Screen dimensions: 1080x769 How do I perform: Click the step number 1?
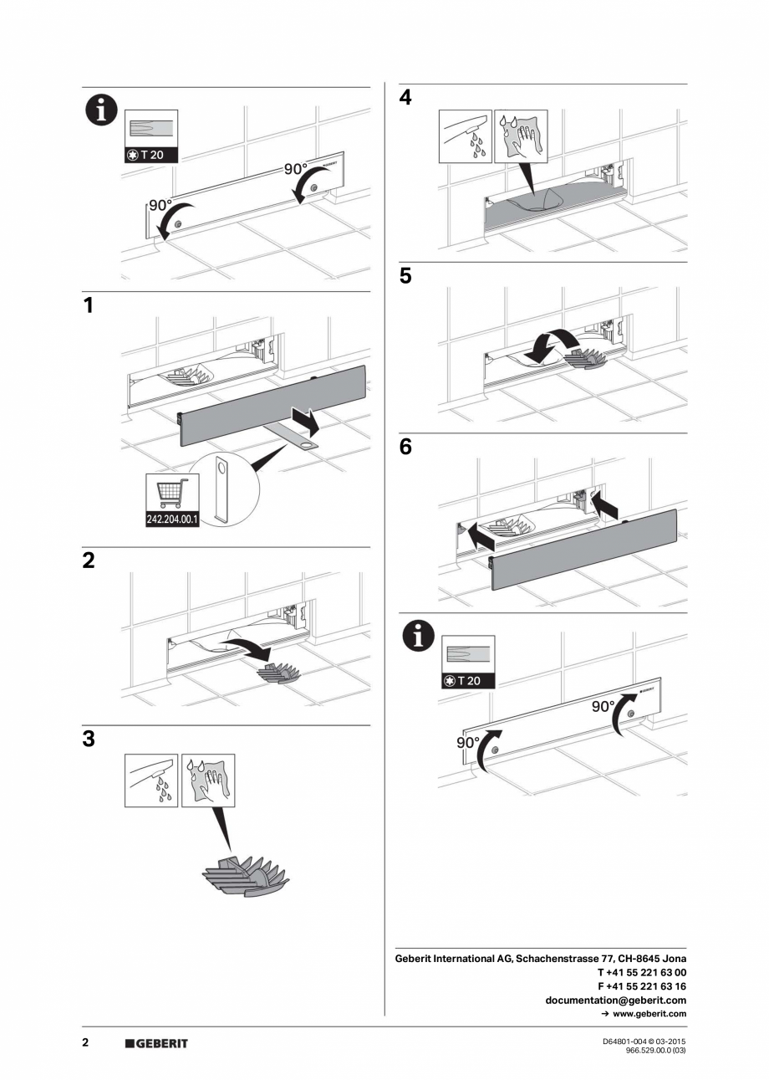tap(89, 306)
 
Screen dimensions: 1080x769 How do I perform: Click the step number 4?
tap(405, 98)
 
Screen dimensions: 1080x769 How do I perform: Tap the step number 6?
tap(405, 448)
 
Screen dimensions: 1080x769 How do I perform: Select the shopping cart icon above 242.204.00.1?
tap(172, 493)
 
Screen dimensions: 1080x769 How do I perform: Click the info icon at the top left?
tap(100, 110)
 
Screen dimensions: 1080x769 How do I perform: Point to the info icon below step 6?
tap(419, 637)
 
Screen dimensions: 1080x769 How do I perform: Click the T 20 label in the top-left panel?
tap(151, 154)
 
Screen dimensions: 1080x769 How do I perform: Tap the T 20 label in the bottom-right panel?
tap(468, 680)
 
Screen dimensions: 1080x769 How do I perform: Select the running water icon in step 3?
tap(151, 780)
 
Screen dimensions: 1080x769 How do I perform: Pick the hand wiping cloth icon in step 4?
tap(521, 136)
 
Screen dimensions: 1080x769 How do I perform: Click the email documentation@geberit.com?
tap(615, 1000)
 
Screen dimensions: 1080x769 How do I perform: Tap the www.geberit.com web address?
tap(649, 1014)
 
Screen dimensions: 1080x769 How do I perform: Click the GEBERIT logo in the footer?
tap(156, 1043)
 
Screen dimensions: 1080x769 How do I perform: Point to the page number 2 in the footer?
tap(85, 1042)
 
